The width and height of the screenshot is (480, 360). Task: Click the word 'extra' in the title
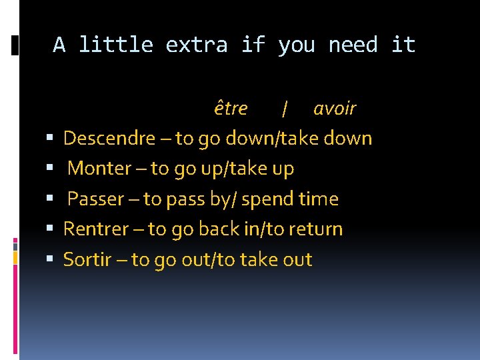(x=197, y=45)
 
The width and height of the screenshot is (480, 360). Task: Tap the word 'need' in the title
(x=353, y=45)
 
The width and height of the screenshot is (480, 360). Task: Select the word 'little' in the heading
(x=116, y=45)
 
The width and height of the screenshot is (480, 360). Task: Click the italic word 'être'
(x=231, y=108)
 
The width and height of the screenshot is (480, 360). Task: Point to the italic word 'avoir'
(x=335, y=108)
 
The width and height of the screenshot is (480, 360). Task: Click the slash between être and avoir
(x=285, y=109)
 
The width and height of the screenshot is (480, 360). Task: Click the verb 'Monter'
(x=99, y=169)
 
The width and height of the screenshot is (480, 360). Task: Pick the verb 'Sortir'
(x=87, y=259)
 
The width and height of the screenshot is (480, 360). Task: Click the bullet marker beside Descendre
(x=50, y=139)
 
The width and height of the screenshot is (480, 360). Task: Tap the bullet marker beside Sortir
(x=50, y=260)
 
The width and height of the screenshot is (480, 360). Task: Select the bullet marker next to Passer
(x=50, y=200)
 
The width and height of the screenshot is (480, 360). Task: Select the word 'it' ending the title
(x=403, y=45)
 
